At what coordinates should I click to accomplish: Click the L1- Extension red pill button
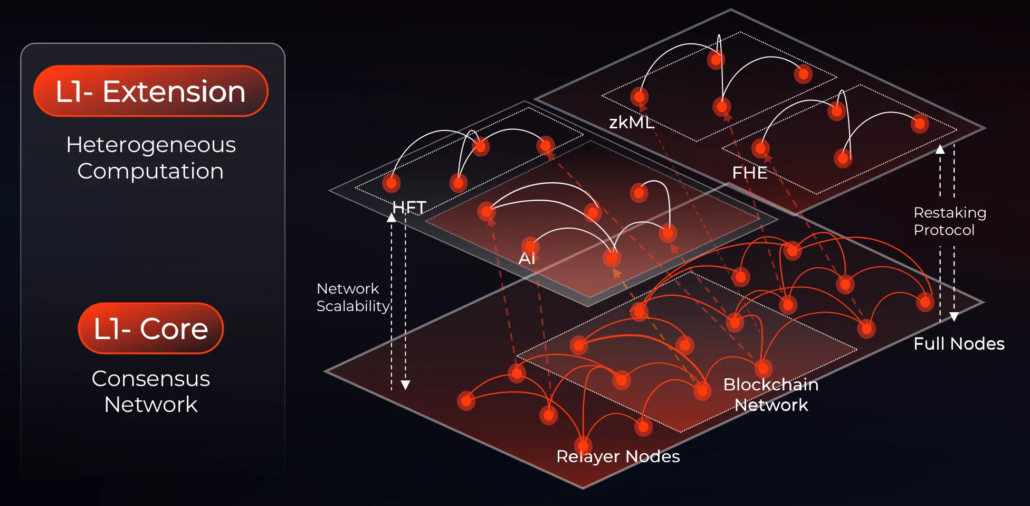coord(150,91)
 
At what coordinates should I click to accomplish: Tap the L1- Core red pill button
coord(151,329)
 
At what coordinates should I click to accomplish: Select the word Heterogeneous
coord(151,145)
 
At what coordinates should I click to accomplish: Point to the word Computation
coord(150,171)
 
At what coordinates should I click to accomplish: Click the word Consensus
coord(151,379)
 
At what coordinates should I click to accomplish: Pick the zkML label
coord(631,123)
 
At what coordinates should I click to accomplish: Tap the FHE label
coord(749,173)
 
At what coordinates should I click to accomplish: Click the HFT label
coord(409,207)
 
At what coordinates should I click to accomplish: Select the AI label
coord(527,258)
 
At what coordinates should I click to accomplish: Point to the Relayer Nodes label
coord(618,456)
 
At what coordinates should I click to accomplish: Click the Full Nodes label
coord(959,344)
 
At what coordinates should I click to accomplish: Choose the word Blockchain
coord(770,385)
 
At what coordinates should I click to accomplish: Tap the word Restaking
coord(950,212)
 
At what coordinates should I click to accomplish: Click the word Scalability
coord(352,306)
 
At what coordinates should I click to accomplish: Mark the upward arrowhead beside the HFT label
coord(392,218)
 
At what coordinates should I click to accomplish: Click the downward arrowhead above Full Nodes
coord(954,316)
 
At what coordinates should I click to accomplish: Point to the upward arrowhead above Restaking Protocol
coord(940,149)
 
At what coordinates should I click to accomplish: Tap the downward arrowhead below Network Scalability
coord(405,385)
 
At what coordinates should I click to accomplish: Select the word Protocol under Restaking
coord(944,230)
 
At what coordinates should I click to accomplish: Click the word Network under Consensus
coord(151,405)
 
